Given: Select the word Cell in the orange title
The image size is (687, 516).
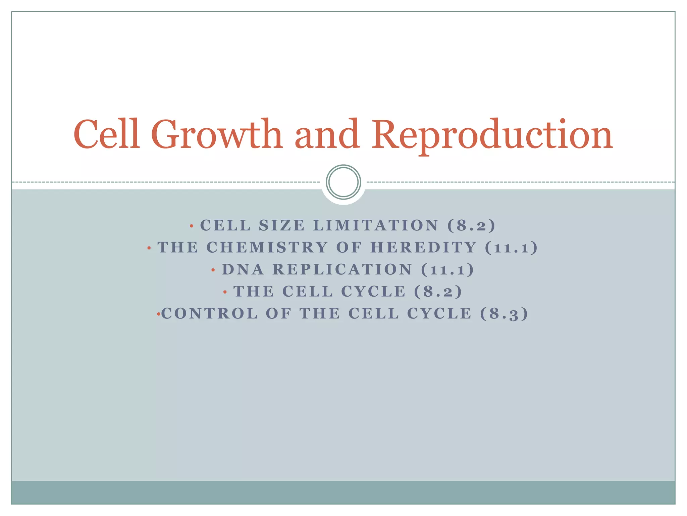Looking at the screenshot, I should [106, 134].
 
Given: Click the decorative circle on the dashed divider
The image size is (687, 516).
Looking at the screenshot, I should [343, 182].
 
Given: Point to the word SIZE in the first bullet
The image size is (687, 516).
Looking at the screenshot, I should [282, 225].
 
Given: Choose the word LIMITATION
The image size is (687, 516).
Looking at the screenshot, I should [376, 225].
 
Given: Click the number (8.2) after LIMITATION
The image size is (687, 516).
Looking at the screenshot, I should [471, 225].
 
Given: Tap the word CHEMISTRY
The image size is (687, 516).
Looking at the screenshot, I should [267, 248].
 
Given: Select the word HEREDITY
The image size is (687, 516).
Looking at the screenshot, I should [424, 248].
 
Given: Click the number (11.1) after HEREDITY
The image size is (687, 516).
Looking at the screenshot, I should [511, 248].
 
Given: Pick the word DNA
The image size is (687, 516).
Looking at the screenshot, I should [243, 269].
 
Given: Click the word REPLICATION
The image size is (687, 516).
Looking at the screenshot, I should [342, 269].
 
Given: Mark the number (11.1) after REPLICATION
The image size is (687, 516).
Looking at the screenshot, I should [447, 269].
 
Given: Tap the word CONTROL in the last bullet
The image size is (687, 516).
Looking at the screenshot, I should [210, 314].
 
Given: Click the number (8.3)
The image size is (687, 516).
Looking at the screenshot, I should [504, 314].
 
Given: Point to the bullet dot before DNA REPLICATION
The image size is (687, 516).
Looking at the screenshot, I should [213, 270].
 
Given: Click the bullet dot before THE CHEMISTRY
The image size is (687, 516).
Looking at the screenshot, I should [149, 248].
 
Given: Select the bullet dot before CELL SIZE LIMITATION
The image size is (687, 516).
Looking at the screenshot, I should [192, 226].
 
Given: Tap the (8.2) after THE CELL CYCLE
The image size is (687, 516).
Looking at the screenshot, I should [438, 292].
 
